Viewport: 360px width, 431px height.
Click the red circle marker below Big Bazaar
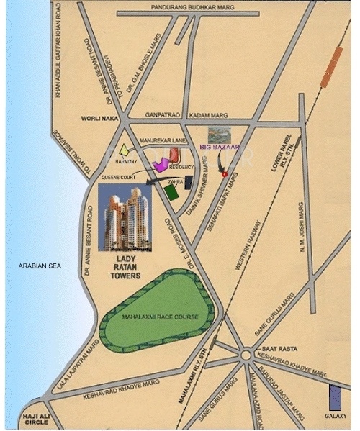225,174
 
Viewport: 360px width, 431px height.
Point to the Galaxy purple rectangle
335,399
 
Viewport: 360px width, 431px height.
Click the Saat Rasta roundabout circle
246,355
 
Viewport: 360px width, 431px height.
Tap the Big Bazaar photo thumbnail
220,135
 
